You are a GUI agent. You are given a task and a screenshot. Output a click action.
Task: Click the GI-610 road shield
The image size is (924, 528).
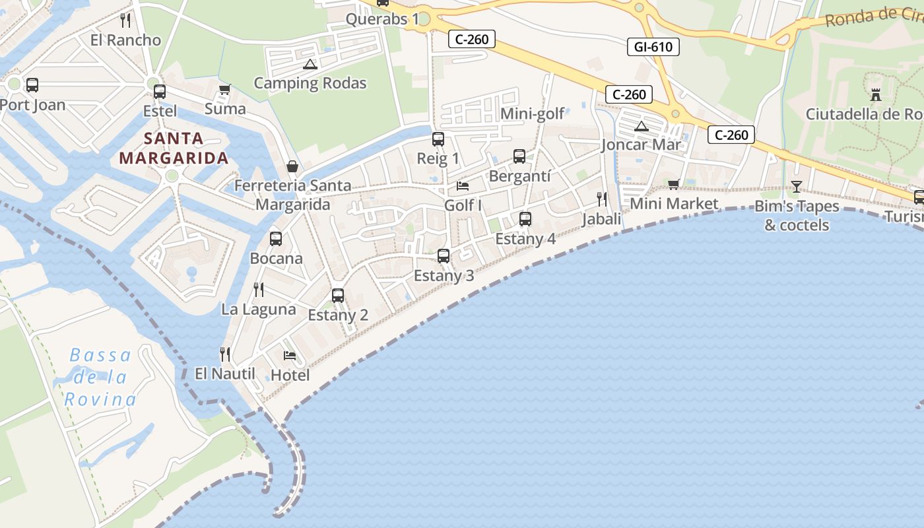[653, 46]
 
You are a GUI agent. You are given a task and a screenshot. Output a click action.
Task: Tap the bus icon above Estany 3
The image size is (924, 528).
[444, 255]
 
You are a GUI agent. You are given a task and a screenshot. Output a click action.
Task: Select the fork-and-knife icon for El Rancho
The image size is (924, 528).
[125, 20]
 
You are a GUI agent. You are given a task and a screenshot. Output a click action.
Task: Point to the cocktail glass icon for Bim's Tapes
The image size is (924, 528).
[797, 186]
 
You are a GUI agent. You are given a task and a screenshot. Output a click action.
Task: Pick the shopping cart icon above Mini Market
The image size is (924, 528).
[673, 184]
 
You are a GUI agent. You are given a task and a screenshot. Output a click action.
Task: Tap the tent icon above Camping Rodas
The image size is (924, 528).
[310, 64]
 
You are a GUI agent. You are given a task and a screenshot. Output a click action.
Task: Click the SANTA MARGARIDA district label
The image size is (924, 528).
[174, 148]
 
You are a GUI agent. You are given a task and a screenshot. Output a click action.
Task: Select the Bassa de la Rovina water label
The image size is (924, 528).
[100, 378]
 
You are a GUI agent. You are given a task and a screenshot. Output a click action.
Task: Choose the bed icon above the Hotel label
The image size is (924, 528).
[289, 356]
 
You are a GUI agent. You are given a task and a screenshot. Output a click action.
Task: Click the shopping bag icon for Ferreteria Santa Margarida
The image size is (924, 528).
[292, 166]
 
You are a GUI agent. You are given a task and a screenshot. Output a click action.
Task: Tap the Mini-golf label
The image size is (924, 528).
[533, 114]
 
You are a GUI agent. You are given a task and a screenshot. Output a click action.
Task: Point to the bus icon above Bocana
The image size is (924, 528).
[276, 239]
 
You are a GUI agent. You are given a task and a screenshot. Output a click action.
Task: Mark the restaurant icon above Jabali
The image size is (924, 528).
[601, 199]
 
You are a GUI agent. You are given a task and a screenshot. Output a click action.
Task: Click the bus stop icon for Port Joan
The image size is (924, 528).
[32, 85]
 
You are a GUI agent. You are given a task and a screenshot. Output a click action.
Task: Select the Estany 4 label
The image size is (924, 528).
[525, 238]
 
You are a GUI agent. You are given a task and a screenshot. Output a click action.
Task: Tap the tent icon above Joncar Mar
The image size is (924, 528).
[641, 126]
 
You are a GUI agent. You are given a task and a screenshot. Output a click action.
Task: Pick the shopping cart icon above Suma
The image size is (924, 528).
[224, 89]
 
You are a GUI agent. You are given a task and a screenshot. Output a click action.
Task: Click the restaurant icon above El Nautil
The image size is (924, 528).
[224, 354]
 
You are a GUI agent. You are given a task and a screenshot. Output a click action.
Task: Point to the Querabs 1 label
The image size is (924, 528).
[382, 18]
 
